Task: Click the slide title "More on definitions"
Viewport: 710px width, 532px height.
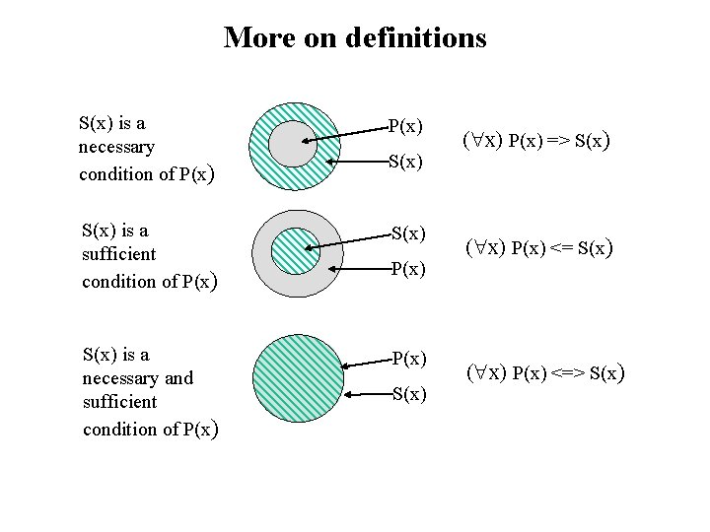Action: point(355,37)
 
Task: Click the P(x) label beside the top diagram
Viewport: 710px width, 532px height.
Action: point(405,126)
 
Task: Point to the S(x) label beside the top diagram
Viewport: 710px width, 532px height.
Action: point(405,161)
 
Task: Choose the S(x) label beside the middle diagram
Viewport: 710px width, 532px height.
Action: point(408,233)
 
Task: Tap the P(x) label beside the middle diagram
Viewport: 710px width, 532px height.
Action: point(407,269)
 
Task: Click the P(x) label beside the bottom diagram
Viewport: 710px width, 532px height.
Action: point(408,359)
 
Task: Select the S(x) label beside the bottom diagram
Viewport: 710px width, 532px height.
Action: point(408,395)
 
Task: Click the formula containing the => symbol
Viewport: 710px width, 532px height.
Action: point(535,140)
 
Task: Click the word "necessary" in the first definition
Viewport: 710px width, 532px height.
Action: point(116,148)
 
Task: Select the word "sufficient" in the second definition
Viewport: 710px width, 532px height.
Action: point(118,254)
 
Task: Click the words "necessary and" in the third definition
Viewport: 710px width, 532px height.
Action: point(138,377)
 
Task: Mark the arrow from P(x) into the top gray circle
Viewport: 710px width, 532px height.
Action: point(345,133)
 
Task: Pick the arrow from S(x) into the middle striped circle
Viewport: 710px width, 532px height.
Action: point(350,241)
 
